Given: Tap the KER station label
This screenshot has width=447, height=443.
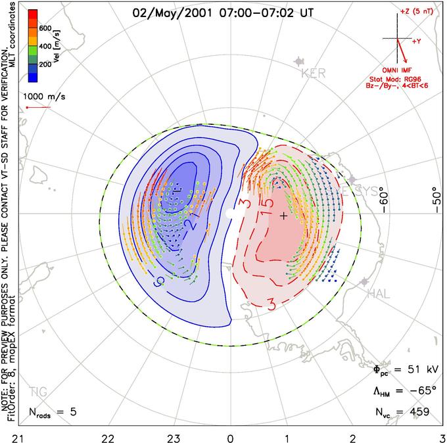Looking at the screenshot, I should coord(313,74).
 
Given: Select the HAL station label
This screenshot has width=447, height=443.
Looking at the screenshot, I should coord(381,292).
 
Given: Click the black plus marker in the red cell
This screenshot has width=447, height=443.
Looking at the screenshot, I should coord(283,216).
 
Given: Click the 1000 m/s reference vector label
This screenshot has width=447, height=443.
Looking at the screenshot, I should coord(43,96).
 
